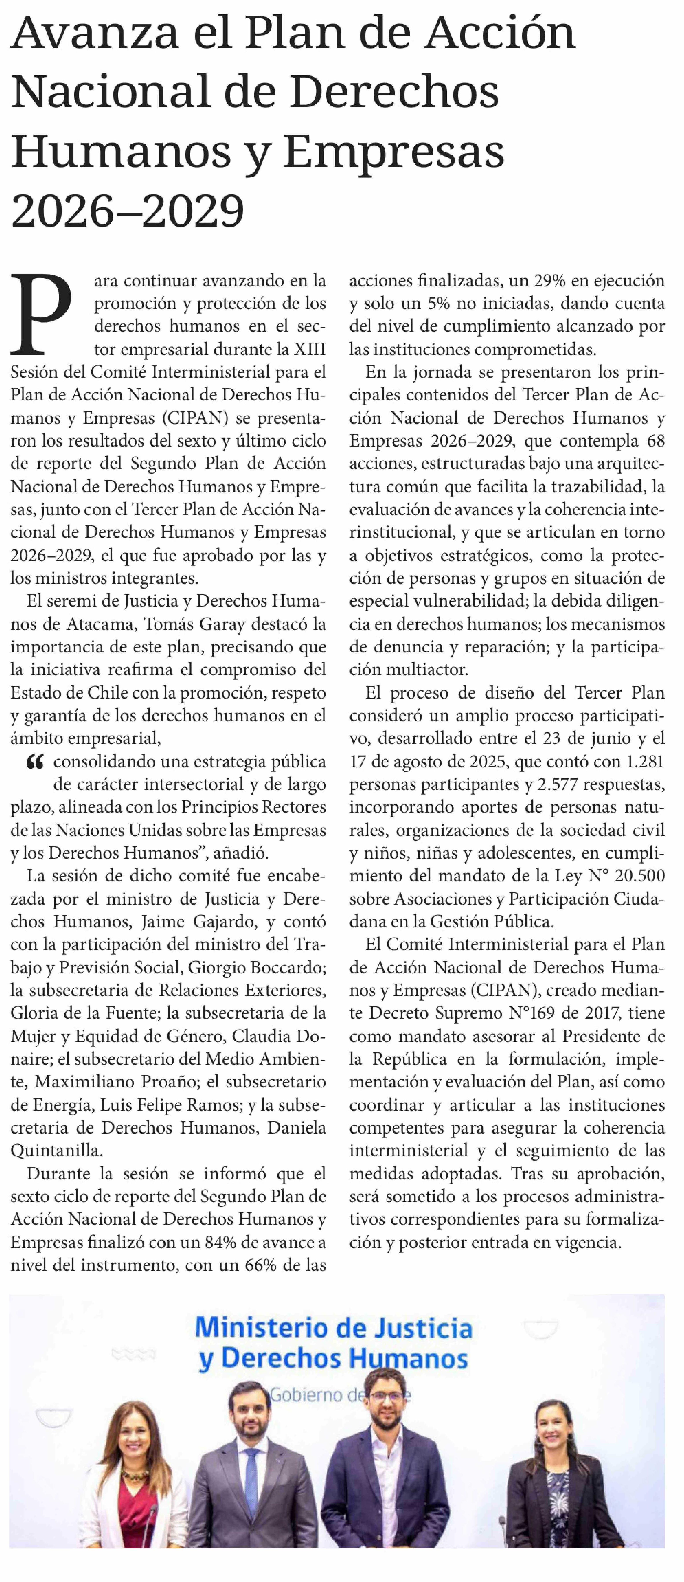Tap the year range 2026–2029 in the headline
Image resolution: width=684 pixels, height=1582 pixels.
[x=128, y=211]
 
